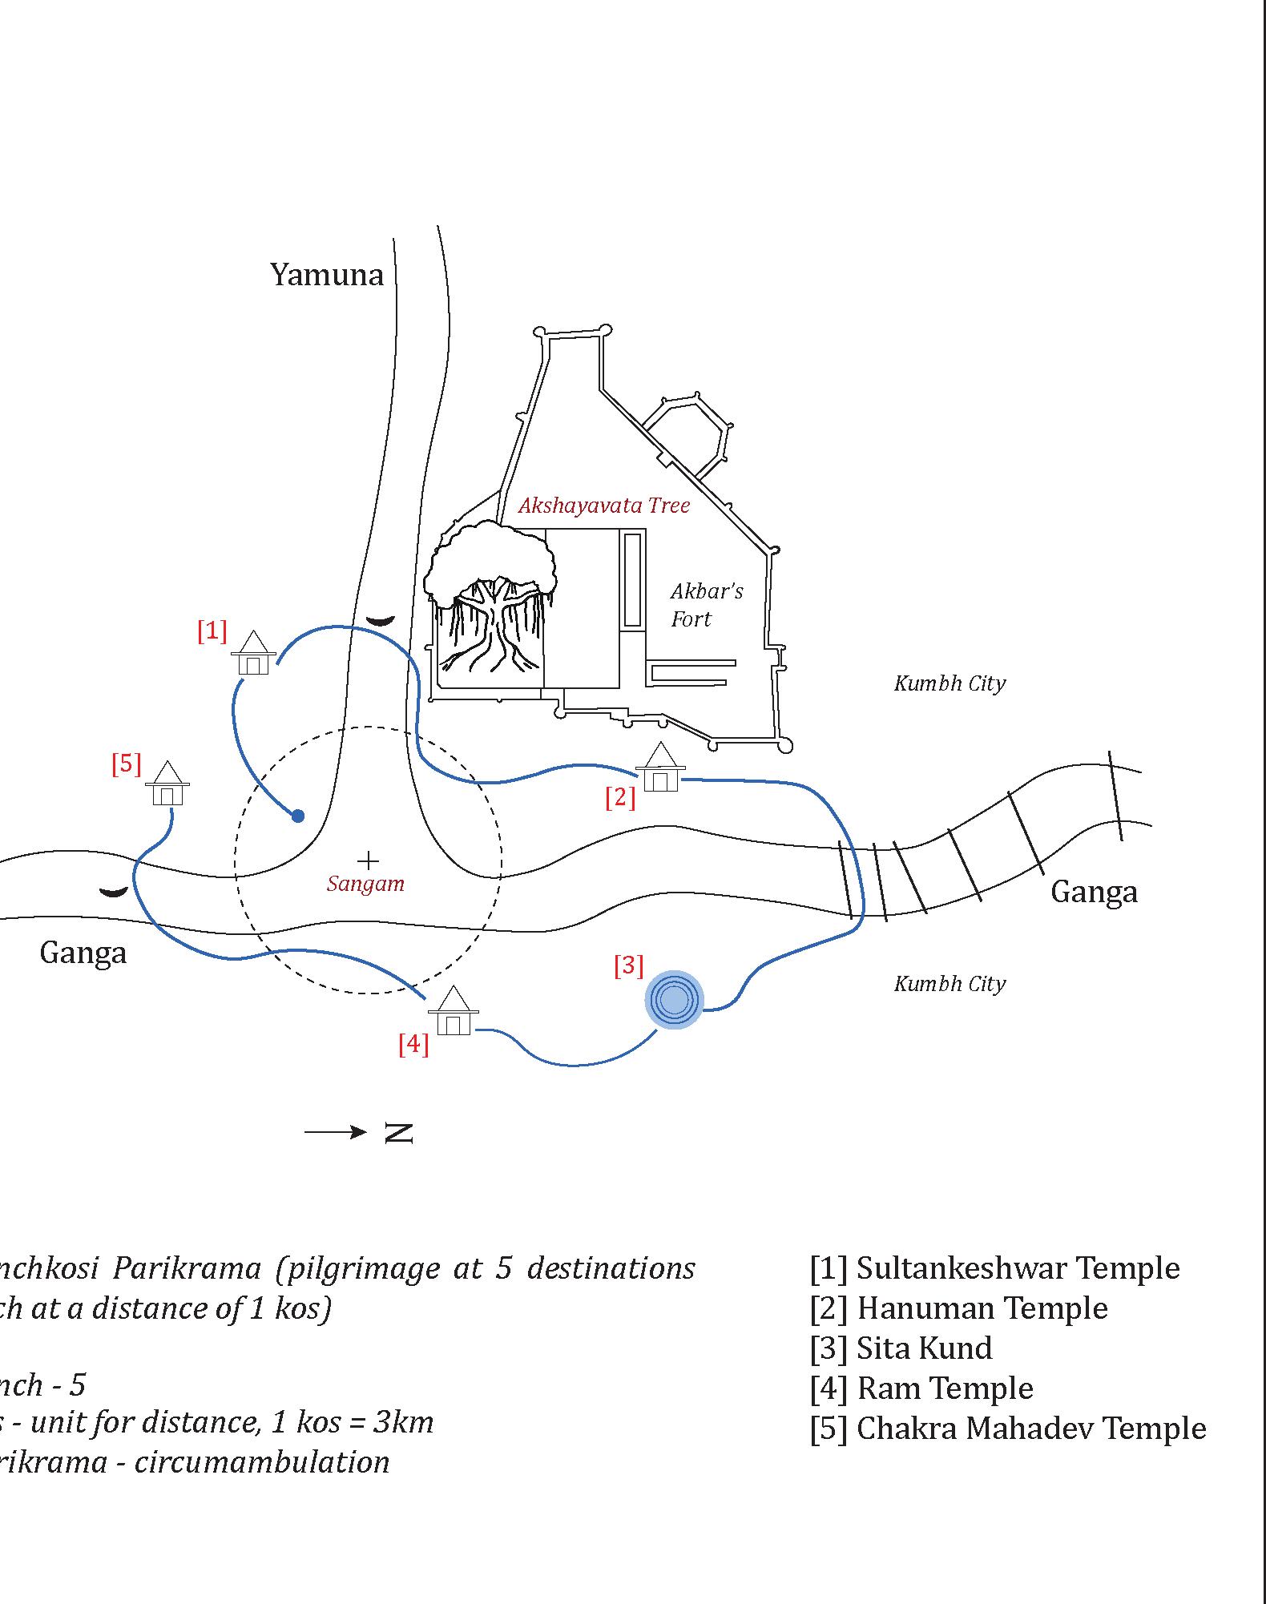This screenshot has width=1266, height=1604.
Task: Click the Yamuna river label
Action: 327,275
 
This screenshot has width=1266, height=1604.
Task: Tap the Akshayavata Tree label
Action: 604,506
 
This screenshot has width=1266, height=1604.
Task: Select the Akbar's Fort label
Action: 706,605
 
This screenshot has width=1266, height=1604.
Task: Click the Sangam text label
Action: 365,885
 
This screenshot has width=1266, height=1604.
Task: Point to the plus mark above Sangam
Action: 368,861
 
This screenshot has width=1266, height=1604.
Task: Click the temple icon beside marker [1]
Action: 254,654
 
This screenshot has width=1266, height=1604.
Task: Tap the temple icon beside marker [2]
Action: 660,768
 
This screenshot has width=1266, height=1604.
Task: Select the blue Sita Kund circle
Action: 674,999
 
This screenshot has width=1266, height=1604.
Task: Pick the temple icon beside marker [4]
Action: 454,1011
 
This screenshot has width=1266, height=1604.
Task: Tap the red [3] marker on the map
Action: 629,965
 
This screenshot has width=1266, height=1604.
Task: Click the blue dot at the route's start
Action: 298,816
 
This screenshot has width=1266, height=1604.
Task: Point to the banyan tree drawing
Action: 489,597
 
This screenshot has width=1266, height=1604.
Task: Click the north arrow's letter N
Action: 399,1133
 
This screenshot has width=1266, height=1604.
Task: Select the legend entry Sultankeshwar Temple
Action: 994,1268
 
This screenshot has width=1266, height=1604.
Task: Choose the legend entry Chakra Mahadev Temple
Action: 1007,1429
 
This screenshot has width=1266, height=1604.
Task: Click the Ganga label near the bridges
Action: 1094,892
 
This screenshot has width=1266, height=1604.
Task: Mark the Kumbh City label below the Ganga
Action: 950,984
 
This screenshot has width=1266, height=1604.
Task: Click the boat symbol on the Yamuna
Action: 380,620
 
